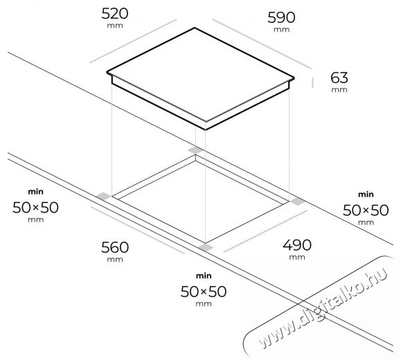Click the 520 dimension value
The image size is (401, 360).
coord(115,14)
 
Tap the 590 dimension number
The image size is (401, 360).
coord(281,17)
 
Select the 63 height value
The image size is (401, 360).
coord(339,78)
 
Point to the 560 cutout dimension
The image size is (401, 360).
coord(115,248)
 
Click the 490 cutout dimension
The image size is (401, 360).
coord(297,245)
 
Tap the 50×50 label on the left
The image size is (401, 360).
coord(35,208)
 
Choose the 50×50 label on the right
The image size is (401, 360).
coord(366,210)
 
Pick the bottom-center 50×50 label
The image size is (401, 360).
coord(204,291)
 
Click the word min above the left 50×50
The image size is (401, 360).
coord(35,192)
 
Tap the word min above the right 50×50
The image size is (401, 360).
coord(366,195)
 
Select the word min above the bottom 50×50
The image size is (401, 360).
coord(204,276)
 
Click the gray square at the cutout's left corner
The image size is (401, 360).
coord(104,197)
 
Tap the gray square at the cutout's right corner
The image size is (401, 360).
coord(297,201)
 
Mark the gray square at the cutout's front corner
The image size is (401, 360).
coord(206,247)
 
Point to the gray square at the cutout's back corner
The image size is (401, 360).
coord(195,150)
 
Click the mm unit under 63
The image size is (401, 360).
coord(339,90)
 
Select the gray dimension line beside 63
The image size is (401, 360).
coord(312,83)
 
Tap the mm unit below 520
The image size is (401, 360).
coord(115,26)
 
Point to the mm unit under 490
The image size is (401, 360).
coord(297,257)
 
